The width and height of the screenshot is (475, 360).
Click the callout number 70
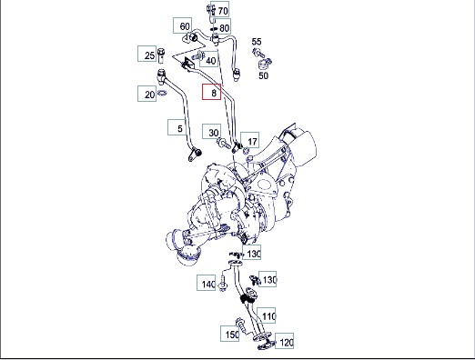(x=223, y=11)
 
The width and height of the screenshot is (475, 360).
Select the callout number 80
(x=224, y=28)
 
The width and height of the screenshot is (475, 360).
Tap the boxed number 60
(x=185, y=26)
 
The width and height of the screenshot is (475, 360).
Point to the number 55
(x=257, y=42)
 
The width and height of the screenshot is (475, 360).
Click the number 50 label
(x=263, y=75)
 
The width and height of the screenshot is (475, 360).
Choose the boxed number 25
(x=149, y=55)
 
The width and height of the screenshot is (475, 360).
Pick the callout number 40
(x=211, y=61)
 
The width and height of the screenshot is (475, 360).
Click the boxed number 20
(x=149, y=95)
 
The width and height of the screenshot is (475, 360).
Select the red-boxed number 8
(x=214, y=93)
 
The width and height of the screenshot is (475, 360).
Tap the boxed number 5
(x=180, y=128)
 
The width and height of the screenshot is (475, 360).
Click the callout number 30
(x=214, y=133)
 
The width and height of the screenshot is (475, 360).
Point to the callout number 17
(x=252, y=142)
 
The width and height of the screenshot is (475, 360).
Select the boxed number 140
(x=208, y=285)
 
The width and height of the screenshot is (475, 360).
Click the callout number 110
(x=268, y=316)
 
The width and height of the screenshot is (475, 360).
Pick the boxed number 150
(x=232, y=335)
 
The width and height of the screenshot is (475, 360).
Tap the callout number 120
(x=287, y=343)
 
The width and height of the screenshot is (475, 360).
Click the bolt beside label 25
(x=161, y=55)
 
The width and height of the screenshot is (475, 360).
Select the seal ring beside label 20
(x=162, y=93)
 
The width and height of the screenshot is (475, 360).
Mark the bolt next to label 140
(x=223, y=284)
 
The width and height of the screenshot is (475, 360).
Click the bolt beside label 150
(x=242, y=325)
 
